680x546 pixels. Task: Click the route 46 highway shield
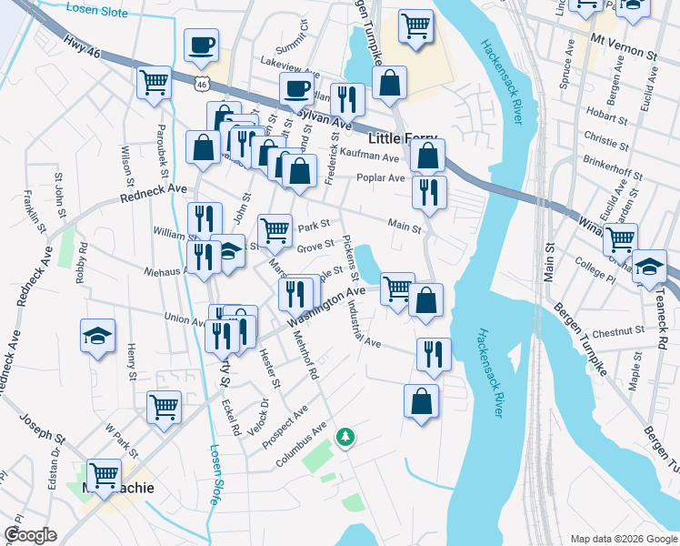pos(201,85)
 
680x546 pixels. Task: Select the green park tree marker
pos(345,439)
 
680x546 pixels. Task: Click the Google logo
pos(30,535)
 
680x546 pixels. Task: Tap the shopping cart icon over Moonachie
pos(104,473)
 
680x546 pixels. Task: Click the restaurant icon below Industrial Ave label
pos(434,353)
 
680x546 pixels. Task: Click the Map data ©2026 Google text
pos(623,539)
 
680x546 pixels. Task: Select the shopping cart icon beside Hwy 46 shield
pos(155,82)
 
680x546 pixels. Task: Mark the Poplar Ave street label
pos(381,178)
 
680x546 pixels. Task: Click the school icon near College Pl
pos(649,266)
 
